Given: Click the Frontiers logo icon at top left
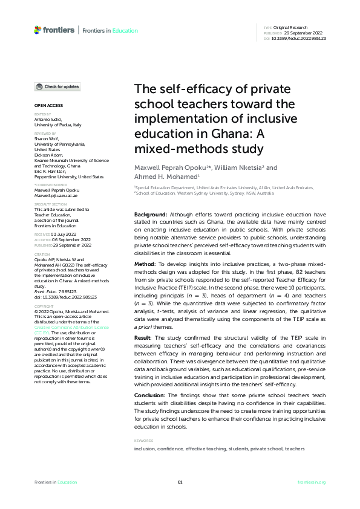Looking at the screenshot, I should click(38, 30).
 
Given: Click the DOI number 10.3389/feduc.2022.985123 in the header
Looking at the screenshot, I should click(299, 38).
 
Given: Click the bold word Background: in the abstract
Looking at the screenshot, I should click(150, 215).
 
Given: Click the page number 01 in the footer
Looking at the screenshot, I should click(180, 482).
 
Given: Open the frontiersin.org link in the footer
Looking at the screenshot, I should click(312, 482).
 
